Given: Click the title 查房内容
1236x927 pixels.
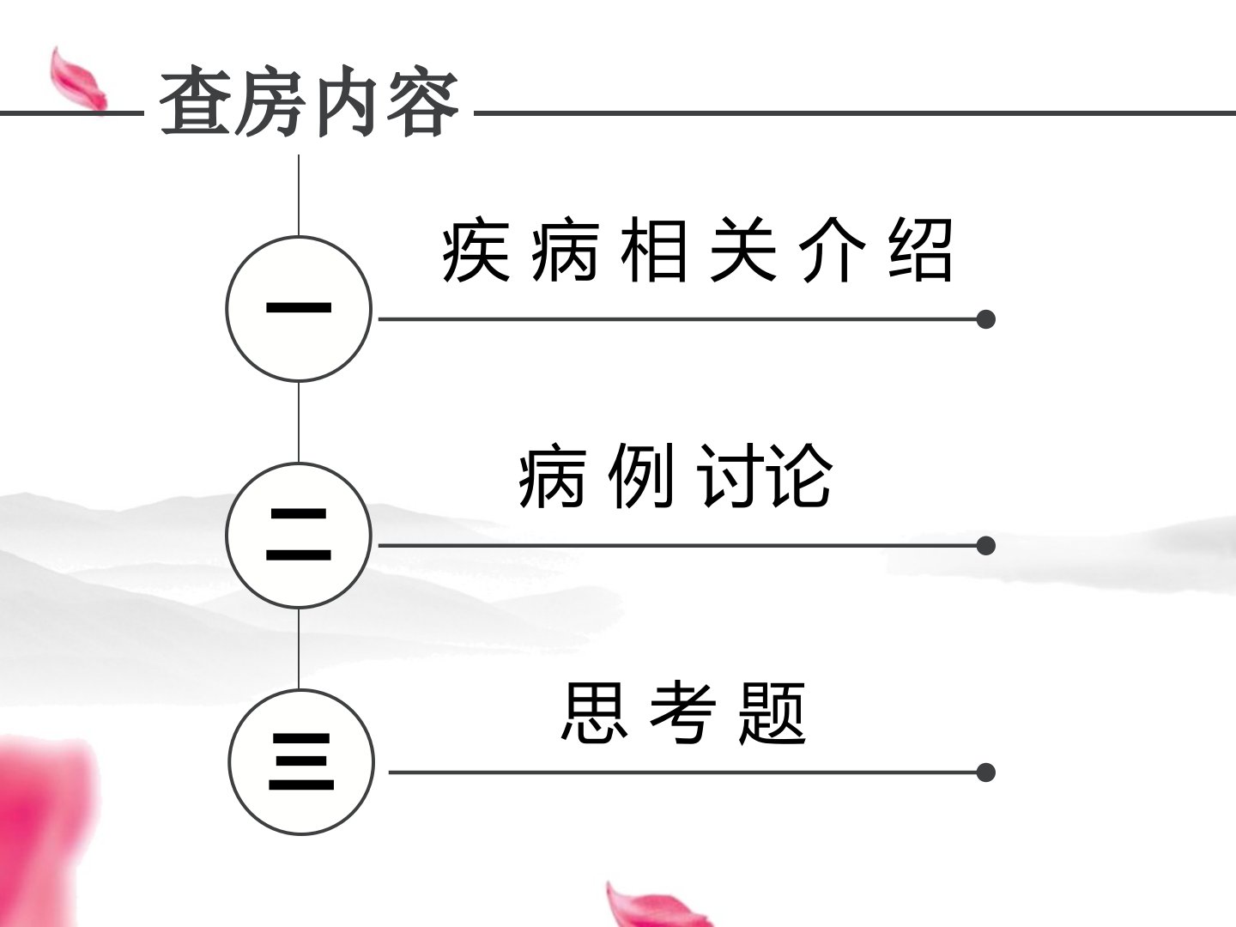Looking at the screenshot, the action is pyautogui.click(x=309, y=101).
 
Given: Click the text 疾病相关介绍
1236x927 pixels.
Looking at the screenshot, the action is pyautogui.click(x=697, y=249).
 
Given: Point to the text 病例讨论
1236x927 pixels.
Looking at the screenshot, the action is pyautogui.click(x=676, y=476).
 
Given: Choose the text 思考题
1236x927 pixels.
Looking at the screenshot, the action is pyautogui.click(x=684, y=712).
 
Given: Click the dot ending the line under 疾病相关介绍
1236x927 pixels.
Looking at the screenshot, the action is pyautogui.click(x=985, y=319).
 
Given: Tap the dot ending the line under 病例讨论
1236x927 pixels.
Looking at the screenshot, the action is pyautogui.click(x=985, y=545).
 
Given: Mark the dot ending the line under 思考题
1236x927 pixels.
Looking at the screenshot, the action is pyautogui.click(x=985, y=772).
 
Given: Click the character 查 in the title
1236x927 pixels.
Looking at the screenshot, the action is pyautogui.click(x=196, y=101).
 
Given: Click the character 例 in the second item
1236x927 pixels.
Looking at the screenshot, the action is pyautogui.click(x=641, y=476).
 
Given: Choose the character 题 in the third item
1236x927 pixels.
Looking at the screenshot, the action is pyautogui.click(x=773, y=712).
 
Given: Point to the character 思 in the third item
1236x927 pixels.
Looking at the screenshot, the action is pyautogui.click(x=594, y=712).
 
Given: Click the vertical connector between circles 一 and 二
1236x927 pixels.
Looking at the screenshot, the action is pyautogui.click(x=299, y=422).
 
